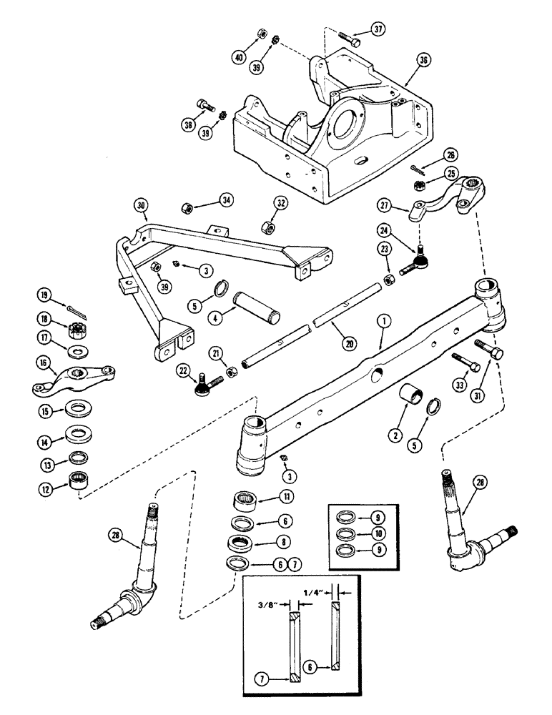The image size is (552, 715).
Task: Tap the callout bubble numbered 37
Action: coord(379,29)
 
